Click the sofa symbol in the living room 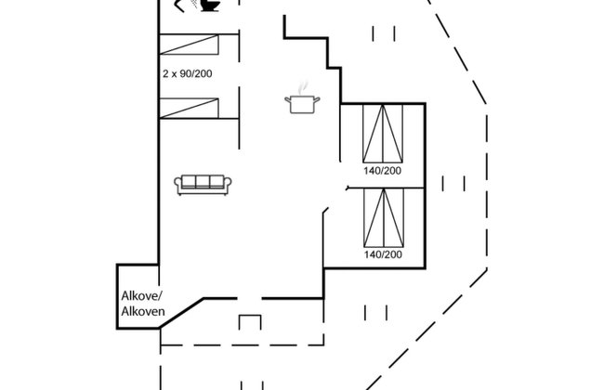[x=203, y=185]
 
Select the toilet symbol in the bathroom [x=210, y=6]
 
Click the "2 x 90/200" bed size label [x=187, y=73]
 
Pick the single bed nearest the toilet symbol [x=189, y=45]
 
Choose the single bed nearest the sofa [x=189, y=109]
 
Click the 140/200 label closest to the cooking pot [x=382, y=171]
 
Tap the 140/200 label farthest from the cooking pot [x=383, y=254]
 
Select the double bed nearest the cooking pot [x=383, y=133]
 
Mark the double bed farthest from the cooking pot [x=384, y=218]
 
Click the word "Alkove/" [x=142, y=296]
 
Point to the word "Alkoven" [x=143, y=311]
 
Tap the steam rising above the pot [x=304, y=87]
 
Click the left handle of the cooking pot [x=287, y=100]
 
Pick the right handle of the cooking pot [x=317, y=100]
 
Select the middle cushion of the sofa [x=203, y=181]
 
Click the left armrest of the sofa [x=177, y=184]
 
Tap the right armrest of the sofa [x=228, y=184]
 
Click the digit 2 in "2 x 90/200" [x=165, y=73]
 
